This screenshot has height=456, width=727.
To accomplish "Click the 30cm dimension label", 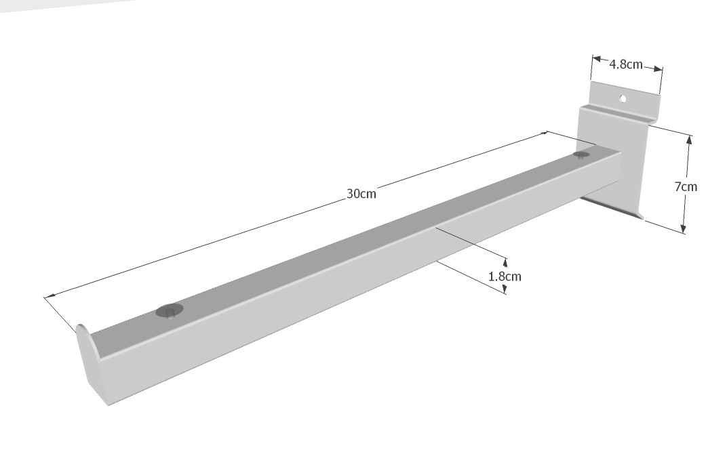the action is click(x=361, y=194).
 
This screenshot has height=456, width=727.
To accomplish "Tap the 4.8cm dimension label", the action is click(x=626, y=64).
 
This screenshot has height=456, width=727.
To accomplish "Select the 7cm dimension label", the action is click(x=686, y=187).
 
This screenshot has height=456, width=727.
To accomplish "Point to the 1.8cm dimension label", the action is click(x=505, y=276).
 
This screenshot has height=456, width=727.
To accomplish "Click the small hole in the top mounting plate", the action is click(x=623, y=99).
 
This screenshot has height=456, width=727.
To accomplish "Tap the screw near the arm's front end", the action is click(x=170, y=311).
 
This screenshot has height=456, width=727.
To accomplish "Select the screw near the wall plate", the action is click(x=581, y=154).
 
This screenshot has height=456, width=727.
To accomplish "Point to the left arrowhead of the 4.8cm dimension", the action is click(x=597, y=60).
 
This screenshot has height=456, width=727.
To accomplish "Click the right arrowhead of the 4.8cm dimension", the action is click(x=658, y=69).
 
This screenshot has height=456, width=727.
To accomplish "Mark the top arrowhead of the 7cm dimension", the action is click(x=689, y=140).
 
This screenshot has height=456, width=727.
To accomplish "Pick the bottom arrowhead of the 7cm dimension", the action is click(x=684, y=228).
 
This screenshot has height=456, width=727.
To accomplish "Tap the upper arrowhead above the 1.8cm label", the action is click(x=505, y=263).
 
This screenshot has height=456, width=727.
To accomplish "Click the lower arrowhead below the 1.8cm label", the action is click(x=505, y=289).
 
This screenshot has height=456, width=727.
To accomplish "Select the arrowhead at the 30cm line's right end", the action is click(x=543, y=134).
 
